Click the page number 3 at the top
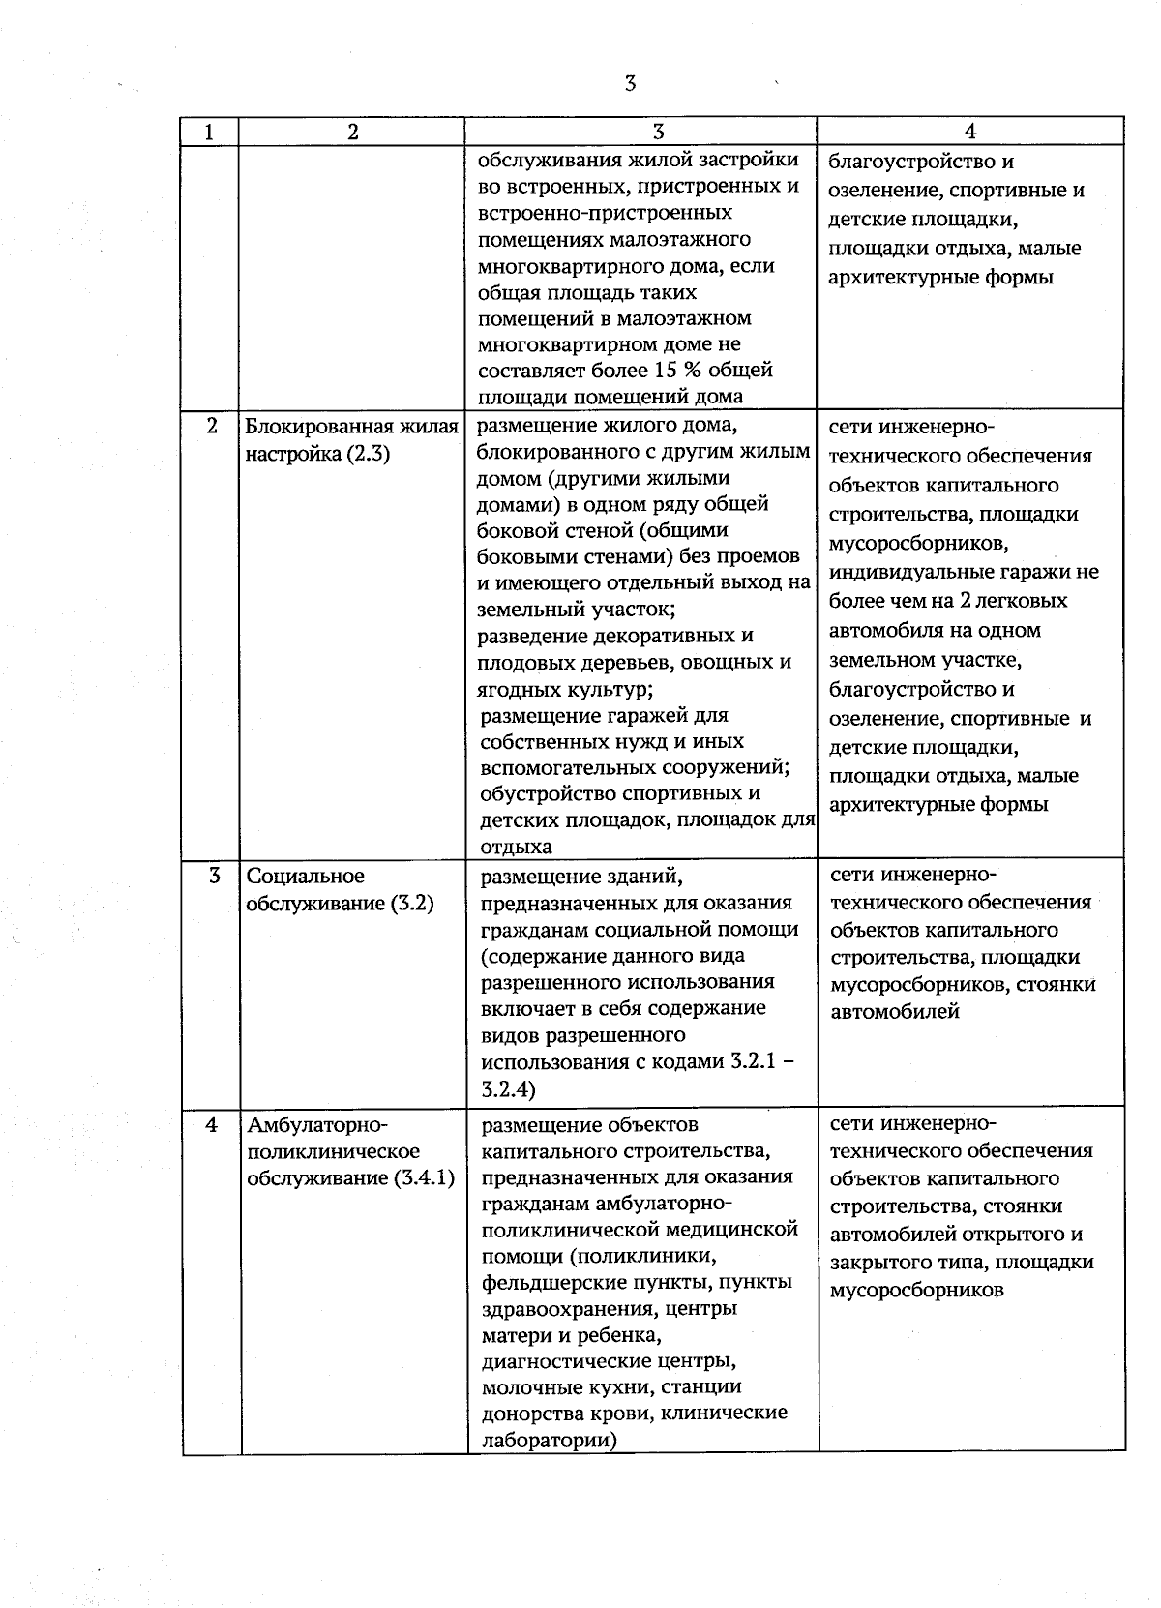pos(630,84)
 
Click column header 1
pos(209,133)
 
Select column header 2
pos(352,133)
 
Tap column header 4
pos(970,133)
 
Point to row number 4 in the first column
pos(212,1125)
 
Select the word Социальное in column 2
pos(305,877)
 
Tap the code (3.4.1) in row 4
pos(424,1178)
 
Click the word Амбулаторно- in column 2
pos(317,1125)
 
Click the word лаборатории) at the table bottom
pos(550,1440)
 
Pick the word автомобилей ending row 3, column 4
pos(895,1012)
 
